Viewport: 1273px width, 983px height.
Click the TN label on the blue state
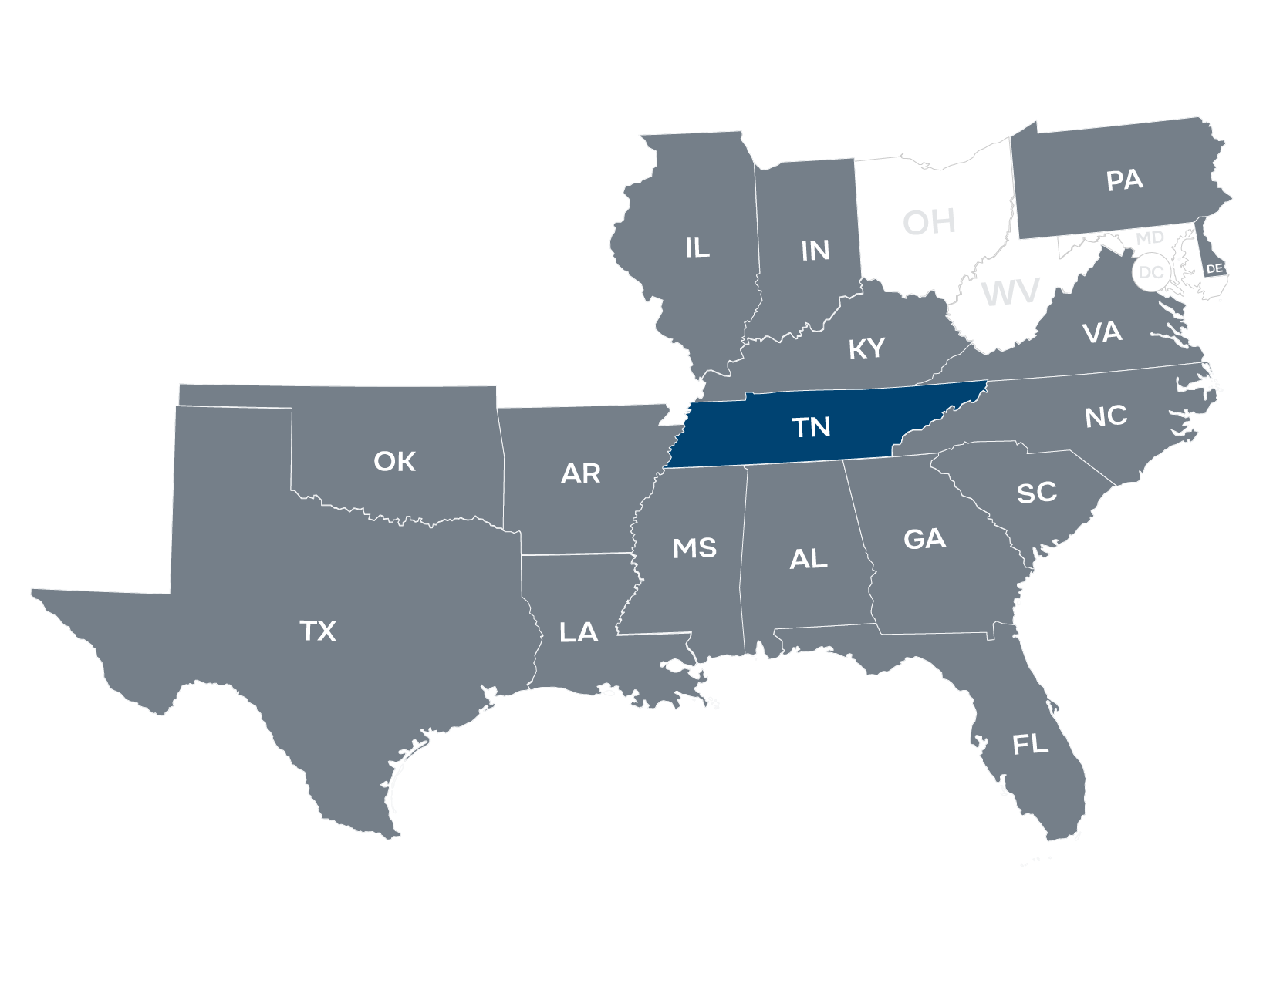coord(811,426)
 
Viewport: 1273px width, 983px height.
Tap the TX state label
coord(318,631)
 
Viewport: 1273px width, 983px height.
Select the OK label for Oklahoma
coord(394,461)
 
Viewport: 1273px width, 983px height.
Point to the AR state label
coord(580,473)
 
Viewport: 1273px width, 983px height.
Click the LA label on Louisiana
coord(578,633)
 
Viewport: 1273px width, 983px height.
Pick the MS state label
coord(694,548)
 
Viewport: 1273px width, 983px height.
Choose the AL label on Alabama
coord(809,559)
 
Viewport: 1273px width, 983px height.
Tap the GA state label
coord(924,538)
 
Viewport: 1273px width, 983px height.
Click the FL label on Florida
coord(1030,744)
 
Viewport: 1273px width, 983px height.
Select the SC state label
coord(1036,493)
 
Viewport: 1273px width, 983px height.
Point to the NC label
coord(1106,416)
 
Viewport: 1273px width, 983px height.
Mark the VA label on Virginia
coord(1102,332)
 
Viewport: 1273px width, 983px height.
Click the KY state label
coord(866,348)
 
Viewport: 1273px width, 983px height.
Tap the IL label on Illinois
coord(697,247)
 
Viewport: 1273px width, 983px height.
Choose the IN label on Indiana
coord(815,251)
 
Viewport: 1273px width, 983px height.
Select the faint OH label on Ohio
coord(929,222)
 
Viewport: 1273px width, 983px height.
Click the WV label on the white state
coord(1011,294)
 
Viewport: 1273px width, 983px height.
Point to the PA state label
coord(1124,180)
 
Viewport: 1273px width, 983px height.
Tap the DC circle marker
coord(1150,272)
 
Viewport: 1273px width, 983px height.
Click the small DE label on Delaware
coord(1214,268)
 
